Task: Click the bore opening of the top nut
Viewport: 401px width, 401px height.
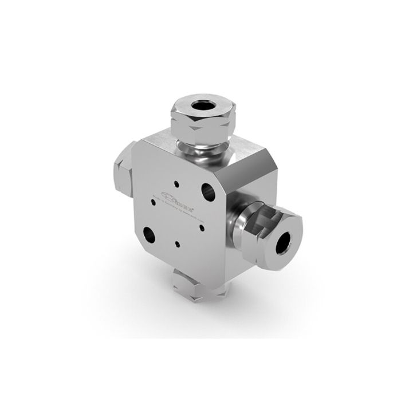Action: click(x=202, y=105)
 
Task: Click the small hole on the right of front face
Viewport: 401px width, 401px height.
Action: click(x=202, y=226)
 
